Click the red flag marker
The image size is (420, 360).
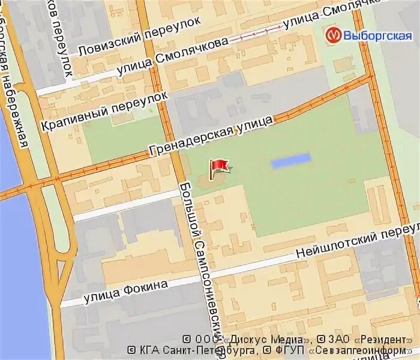pos(217,167)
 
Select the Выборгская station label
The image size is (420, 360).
pos(378,35)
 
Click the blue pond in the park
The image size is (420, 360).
pos(291,160)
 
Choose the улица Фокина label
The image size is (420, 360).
pos(126,290)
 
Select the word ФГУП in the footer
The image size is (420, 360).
pos(290,350)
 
